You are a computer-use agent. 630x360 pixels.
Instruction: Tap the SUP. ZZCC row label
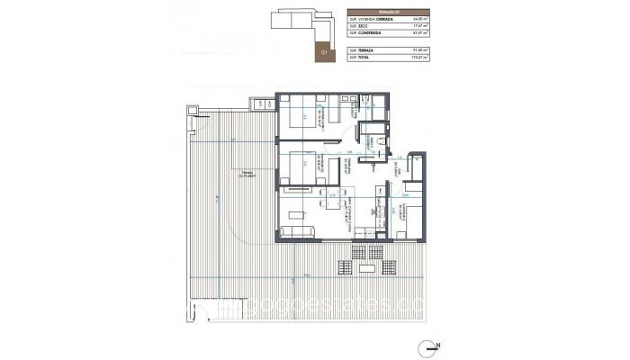[x=360, y=26]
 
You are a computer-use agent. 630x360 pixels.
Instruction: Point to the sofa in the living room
[x=298, y=232]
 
